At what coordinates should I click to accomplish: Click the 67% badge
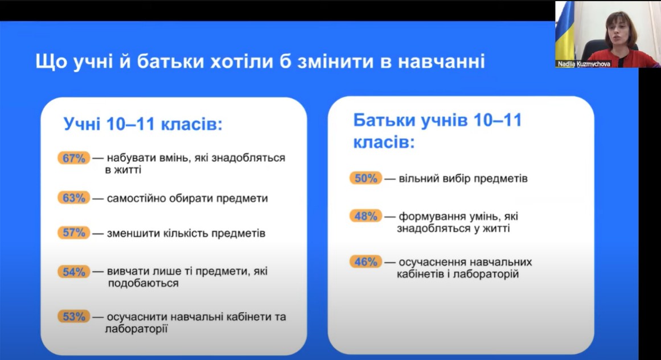point(74,158)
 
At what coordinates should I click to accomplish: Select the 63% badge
point(74,198)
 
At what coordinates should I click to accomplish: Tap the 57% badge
point(74,232)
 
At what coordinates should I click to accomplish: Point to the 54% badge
point(74,272)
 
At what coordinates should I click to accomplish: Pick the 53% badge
point(74,316)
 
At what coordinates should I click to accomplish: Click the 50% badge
point(366,178)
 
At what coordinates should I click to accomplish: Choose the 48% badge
point(366,216)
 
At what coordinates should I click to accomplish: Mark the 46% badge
point(366,262)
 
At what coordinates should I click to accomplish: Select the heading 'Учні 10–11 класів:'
point(143,124)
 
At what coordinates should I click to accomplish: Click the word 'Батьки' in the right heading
point(385,120)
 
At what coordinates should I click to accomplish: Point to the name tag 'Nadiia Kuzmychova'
point(584,64)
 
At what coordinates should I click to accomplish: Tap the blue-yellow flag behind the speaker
point(565,32)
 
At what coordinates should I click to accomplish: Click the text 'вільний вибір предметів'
point(463,178)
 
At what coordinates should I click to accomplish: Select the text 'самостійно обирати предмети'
point(187,198)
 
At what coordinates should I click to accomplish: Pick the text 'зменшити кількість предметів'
point(186,233)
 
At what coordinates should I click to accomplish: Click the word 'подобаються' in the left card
point(143,283)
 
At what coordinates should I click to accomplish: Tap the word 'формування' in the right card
point(430,216)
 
